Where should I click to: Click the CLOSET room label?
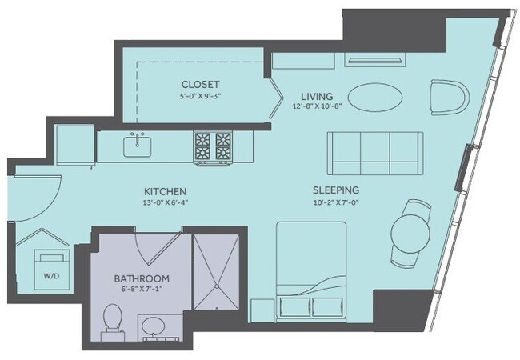[200, 84]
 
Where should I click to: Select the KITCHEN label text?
[166, 192]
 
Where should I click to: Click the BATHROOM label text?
[141, 278]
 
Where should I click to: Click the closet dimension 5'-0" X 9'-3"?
[200, 96]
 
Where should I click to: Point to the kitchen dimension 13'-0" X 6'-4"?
[166, 203]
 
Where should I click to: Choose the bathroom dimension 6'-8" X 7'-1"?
[141, 290]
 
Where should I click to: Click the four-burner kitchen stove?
[213, 146]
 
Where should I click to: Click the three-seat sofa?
[374, 152]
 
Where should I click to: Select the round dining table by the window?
[413, 234]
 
